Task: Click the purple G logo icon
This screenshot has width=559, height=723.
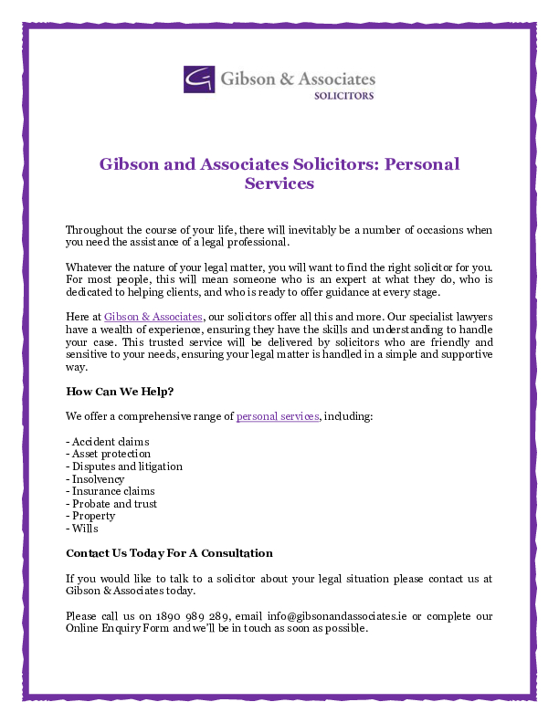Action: click(199, 79)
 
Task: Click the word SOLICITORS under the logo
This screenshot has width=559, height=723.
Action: click(343, 95)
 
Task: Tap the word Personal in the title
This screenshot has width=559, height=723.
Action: click(421, 164)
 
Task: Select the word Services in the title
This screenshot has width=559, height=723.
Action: click(279, 183)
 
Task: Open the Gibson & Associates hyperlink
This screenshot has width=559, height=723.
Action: click(153, 316)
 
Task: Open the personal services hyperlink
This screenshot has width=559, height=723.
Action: click(278, 416)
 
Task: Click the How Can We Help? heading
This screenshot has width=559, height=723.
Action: click(120, 392)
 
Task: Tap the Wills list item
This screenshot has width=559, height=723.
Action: click(82, 529)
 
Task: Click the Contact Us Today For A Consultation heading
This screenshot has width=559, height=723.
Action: click(169, 553)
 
